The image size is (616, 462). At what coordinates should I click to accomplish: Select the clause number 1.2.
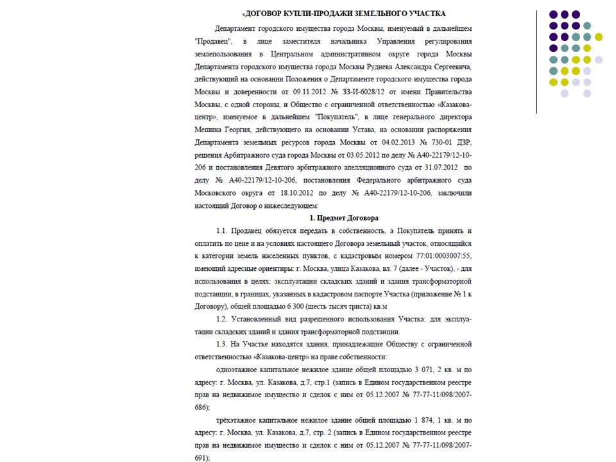[223, 319]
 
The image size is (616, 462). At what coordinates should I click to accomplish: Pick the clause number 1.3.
[223, 344]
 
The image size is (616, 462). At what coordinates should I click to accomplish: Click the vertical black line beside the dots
[537, 61]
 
